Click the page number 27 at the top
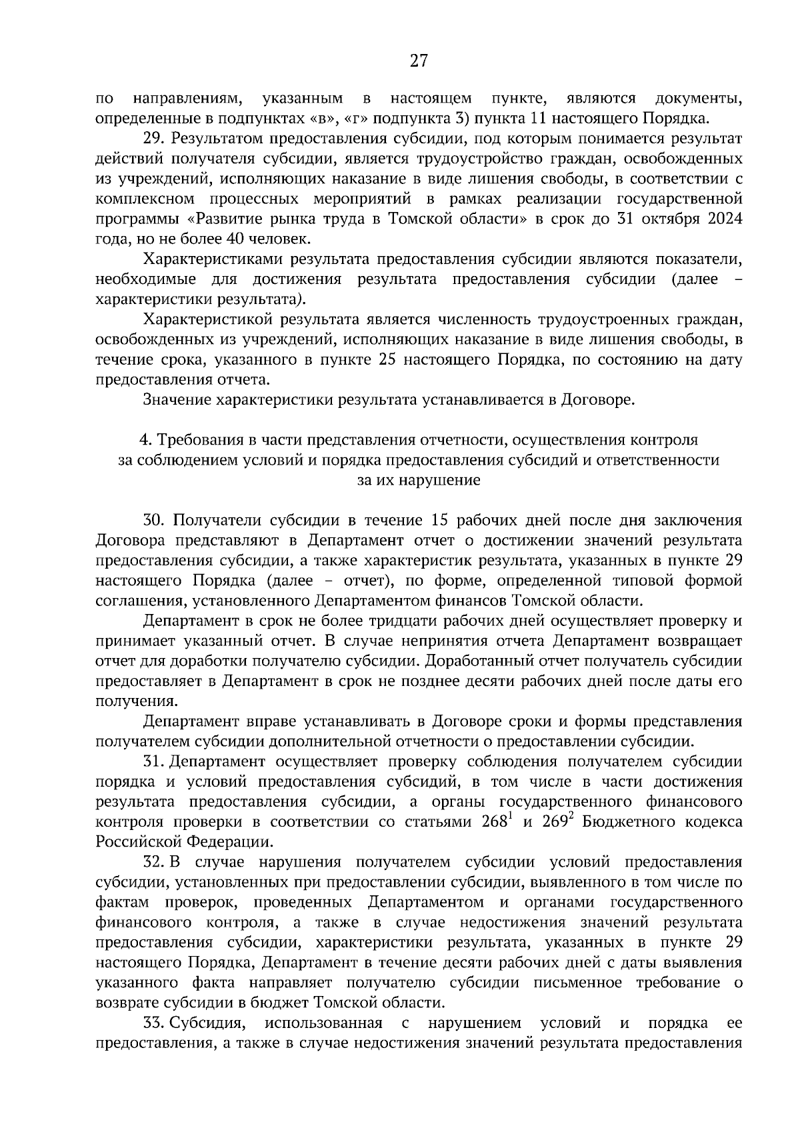click(418, 61)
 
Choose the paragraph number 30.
click(154, 521)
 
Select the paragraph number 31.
click(153, 761)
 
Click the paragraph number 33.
click(153, 1023)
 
